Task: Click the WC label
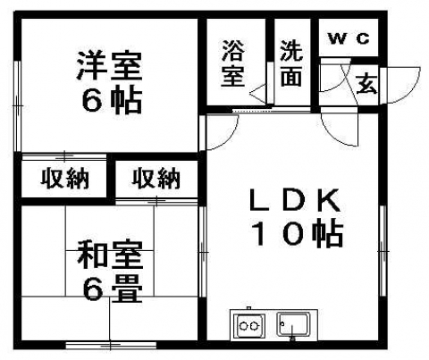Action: coord(349,38)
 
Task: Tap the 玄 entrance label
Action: coord(366,83)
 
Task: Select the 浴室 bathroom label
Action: coord(233,63)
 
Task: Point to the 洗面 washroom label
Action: coord(291,63)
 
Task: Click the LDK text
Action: coord(295,201)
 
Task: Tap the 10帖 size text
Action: coord(299,234)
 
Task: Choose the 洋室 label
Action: coord(109,66)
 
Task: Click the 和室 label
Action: coord(110,255)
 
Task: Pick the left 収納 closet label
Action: coord(65,179)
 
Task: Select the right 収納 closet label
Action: coord(156,179)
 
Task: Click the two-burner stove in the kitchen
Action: coord(249,325)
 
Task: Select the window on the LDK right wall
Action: coord(383,251)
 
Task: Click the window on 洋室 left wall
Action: coord(18,105)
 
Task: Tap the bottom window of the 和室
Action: coord(111,345)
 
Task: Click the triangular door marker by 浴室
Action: coord(257,94)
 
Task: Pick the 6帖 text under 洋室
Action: coord(112,99)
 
